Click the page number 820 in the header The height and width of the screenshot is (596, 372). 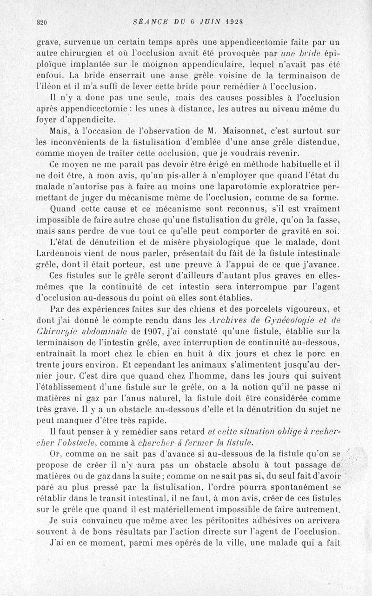click(x=42, y=21)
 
